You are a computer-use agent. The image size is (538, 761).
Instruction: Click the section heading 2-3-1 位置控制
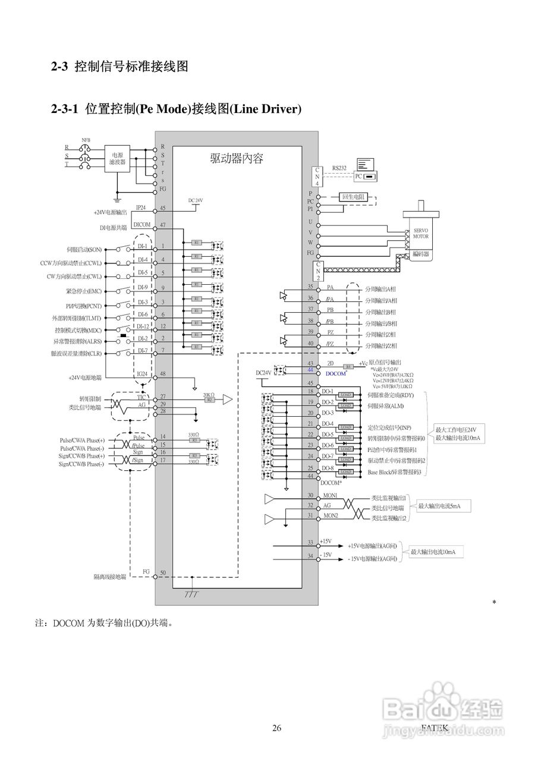pos(176,109)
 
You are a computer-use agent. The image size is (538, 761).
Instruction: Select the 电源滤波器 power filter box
pos(117,158)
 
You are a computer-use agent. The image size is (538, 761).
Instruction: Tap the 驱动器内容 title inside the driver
pos(237,158)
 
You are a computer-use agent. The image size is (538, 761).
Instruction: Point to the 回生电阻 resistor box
pos(353,197)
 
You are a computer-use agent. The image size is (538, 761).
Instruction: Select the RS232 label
pos(339,168)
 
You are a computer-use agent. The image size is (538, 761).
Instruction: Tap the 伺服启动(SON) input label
pos(84,249)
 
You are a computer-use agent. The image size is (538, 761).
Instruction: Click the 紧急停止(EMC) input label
pos(84,291)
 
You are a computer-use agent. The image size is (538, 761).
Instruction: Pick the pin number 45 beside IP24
pos(162,209)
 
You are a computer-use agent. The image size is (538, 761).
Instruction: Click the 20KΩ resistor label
pos(208,394)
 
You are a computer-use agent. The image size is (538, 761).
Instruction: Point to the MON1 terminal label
pos(330,495)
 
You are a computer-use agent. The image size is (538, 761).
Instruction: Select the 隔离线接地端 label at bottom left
pos(109,577)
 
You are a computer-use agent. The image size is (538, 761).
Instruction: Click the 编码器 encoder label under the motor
pos(420,254)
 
